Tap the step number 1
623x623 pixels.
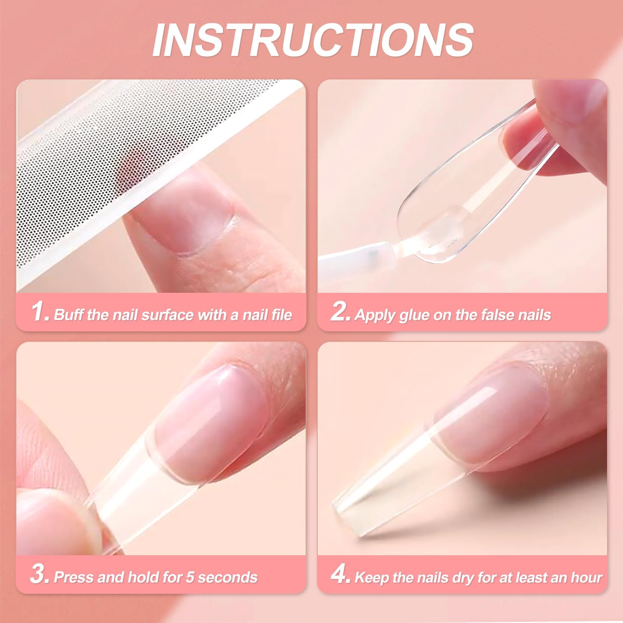[x=39, y=313]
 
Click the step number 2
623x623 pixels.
[x=340, y=313]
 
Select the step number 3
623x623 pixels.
[x=39, y=575]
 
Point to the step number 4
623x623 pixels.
[x=341, y=575]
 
